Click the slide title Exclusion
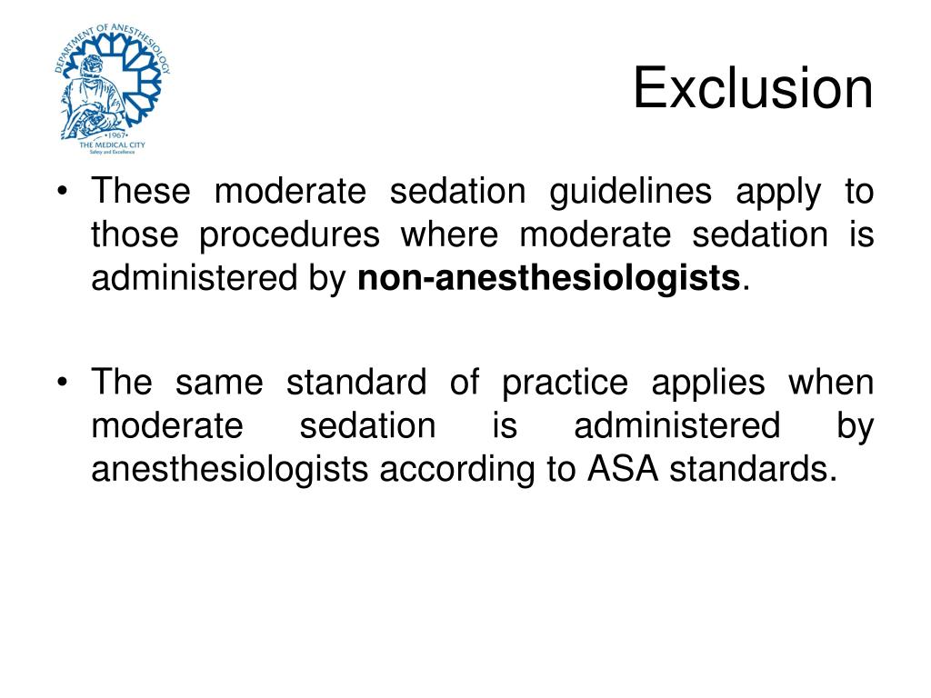753,89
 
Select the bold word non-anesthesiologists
548,279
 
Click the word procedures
290,236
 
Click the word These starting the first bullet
141,192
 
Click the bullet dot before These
63,193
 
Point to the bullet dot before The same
63,383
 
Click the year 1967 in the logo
112,134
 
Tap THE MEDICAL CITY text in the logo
112,145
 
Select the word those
135,236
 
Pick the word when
831,383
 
